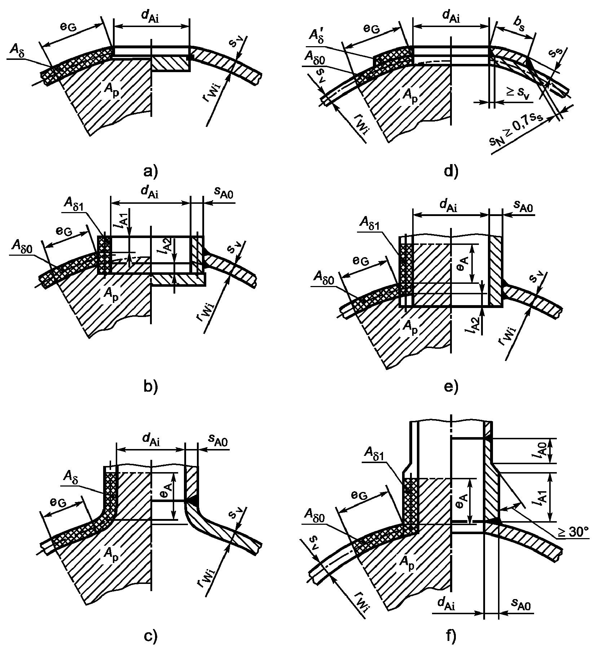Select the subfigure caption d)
pos(451,170)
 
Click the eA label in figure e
pos(464,263)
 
